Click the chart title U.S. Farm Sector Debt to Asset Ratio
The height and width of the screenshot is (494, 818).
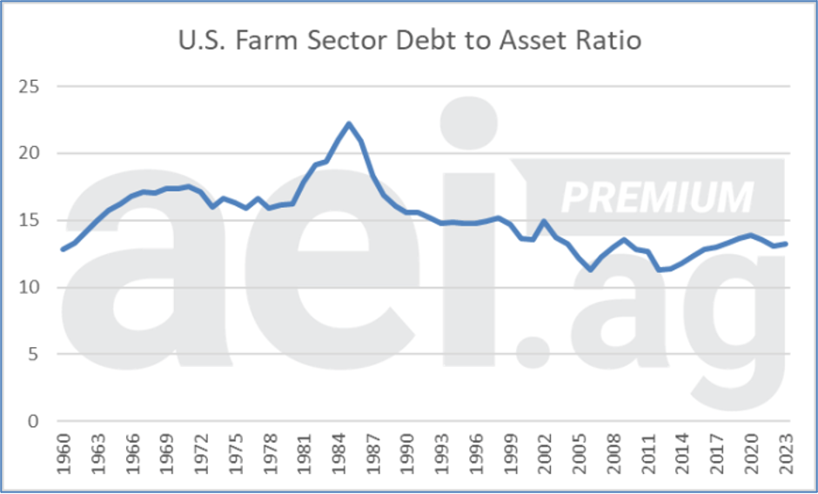[409, 41]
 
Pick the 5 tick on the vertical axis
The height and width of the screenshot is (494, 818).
[35, 355]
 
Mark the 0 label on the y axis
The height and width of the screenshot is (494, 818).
[35, 422]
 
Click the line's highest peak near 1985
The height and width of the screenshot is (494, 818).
[349, 123]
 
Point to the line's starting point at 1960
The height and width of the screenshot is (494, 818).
[63, 250]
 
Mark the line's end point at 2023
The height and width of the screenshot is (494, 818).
[786, 244]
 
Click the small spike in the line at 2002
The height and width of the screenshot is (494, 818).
[545, 221]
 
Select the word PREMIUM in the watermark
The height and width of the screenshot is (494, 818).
[657, 197]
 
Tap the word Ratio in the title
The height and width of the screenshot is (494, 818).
[610, 41]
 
